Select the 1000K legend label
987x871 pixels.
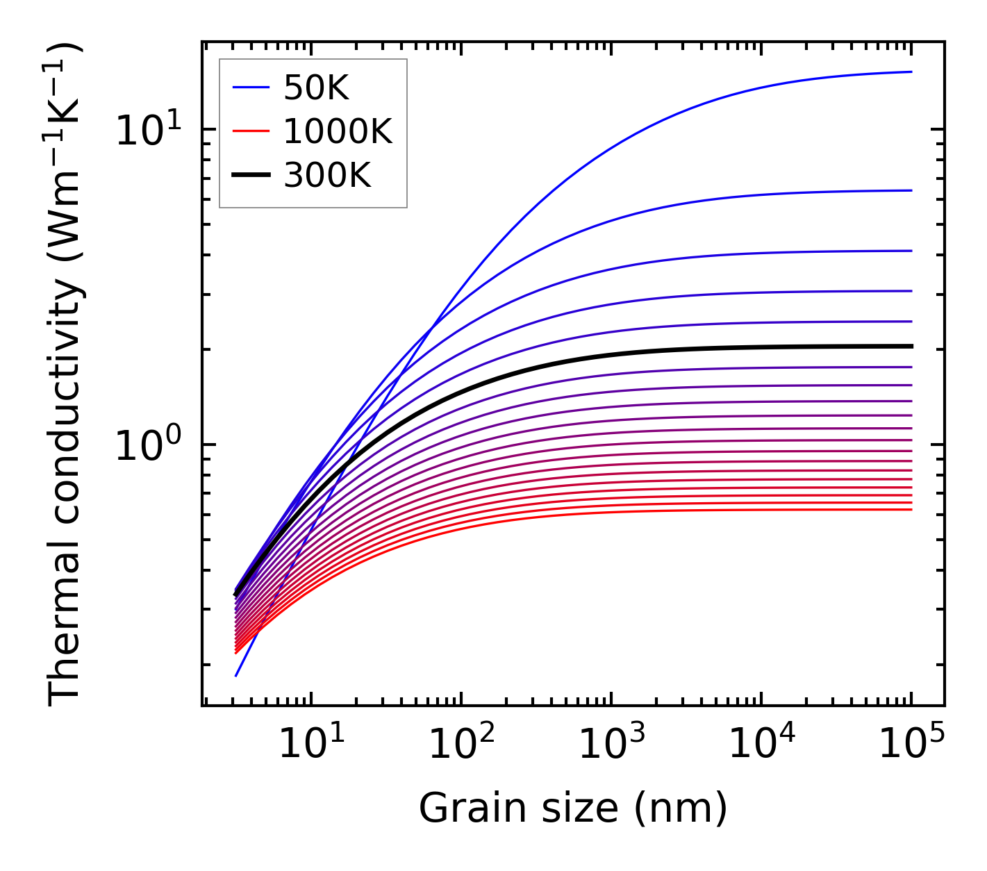tap(338, 131)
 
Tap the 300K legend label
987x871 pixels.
tap(327, 176)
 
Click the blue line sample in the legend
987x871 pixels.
tap(251, 88)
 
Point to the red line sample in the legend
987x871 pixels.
tap(251, 131)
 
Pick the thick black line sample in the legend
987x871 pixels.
tap(251, 176)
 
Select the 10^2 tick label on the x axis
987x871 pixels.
tap(461, 747)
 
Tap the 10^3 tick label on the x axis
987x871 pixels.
tap(611, 747)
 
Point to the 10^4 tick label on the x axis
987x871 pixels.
tap(761, 747)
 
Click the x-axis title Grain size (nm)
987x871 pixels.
tap(573, 808)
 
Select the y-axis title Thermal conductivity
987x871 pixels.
tap(65, 375)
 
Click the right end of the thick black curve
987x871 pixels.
tap(911, 346)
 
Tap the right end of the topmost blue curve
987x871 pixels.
tap(911, 72)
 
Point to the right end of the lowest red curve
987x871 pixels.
tap(911, 510)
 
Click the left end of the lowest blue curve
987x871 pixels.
tap(236, 675)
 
